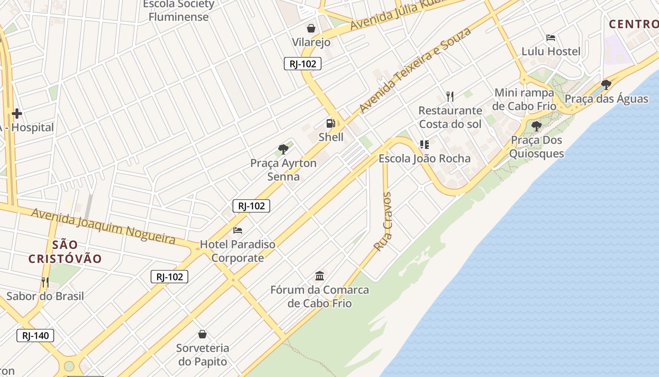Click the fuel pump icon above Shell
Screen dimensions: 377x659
point(330,123)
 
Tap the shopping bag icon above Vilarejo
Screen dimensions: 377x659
point(311,28)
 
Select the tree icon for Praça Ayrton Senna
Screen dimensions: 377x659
point(283,149)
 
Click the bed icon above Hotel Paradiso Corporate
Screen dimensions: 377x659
point(238,230)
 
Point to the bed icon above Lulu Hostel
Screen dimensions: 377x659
point(551,38)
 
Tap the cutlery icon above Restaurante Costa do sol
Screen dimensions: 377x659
point(450,97)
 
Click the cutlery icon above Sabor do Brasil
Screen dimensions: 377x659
point(45,282)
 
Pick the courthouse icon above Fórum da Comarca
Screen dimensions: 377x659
point(320,276)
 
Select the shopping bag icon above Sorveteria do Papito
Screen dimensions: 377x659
point(202,334)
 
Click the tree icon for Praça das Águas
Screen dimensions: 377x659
point(606,85)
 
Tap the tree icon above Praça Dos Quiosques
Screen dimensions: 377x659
point(536,126)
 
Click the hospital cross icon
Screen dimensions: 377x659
point(17,114)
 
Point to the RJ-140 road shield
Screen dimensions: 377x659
point(35,336)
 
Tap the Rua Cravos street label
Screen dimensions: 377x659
point(382,221)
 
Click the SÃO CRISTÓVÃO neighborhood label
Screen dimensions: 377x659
point(65,252)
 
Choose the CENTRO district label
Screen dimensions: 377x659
point(633,24)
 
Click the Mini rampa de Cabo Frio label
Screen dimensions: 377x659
point(524,99)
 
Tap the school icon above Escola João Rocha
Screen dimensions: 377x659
point(425,145)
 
